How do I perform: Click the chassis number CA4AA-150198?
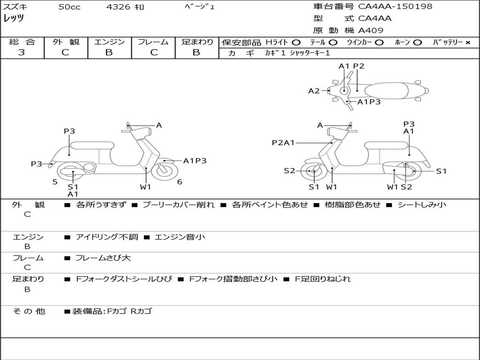[395, 7]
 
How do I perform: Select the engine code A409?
[371, 30]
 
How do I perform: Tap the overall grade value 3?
[22, 52]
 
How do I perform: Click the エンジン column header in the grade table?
[109, 42]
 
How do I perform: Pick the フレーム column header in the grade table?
[153, 42]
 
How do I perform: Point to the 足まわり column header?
[197, 42]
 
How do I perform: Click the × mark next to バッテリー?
[467, 42]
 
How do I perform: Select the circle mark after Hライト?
[296, 42]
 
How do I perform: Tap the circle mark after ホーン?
[418, 42]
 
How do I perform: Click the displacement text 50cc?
[69, 7]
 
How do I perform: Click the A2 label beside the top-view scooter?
[314, 91]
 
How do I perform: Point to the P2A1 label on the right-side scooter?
[283, 142]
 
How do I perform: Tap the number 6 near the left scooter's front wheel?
[180, 182]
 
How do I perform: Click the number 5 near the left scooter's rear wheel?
[55, 182]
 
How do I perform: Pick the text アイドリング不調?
[107, 237]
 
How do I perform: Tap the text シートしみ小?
[422, 205]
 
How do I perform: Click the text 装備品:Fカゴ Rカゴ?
[112, 311]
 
